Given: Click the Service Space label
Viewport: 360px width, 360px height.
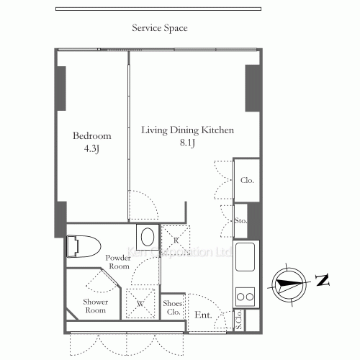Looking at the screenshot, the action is [160, 28].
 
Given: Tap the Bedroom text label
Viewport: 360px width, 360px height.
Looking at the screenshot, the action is [92, 136].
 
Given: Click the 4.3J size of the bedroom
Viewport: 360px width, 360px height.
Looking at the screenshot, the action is [91, 149].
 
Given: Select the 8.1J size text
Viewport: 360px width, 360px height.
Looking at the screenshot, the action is [187, 143].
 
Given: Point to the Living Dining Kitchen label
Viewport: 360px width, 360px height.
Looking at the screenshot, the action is [187, 130].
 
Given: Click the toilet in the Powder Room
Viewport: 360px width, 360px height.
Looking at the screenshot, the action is [84, 246].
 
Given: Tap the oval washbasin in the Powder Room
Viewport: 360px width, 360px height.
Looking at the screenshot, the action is [148, 237].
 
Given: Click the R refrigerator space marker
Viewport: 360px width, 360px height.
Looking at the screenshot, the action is [176, 240].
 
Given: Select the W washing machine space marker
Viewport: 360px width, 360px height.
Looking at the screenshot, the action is [140, 304].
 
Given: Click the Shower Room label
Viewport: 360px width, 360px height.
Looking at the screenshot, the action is [96, 306].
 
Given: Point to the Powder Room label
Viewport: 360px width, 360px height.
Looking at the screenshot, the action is [118, 262].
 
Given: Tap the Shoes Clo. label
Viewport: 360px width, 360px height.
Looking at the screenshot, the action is [173, 307].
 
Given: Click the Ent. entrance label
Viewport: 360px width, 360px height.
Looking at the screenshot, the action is [203, 315].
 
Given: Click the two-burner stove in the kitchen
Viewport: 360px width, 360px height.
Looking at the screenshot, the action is [245, 297].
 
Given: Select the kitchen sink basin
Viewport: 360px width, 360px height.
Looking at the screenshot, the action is [245, 257].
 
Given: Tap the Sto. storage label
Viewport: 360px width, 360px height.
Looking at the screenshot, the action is [240, 221].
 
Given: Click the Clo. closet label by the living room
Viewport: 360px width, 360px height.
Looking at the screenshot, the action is [247, 180].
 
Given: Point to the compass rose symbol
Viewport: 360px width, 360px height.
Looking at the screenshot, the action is [289, 284].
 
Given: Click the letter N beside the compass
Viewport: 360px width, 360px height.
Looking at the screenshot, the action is [323, 280].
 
